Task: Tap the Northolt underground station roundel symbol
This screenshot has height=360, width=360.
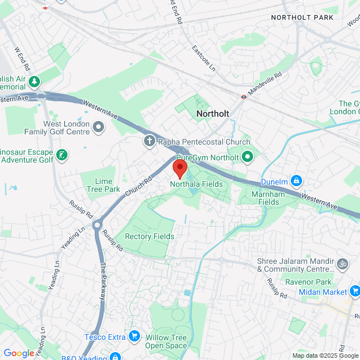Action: [244, 96]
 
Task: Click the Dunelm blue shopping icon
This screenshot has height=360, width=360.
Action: [296, 181]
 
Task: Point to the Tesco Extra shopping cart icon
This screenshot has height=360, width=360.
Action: [134, 336]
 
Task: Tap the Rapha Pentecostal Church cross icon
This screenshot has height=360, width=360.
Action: [150, 141]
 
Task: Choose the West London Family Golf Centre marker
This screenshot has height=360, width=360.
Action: [100, 127]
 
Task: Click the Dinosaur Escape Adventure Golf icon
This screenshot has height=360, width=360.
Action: [62, 155]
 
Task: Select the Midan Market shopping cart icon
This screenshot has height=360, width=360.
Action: [354, 291]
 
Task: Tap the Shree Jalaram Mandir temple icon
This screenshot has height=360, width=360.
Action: [341, 263]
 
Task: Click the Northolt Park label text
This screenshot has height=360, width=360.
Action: [302, 17]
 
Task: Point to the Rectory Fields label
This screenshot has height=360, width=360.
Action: [149, 236]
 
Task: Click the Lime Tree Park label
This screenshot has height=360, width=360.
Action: [100, 185]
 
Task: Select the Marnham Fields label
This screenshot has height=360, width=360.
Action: [264, 198]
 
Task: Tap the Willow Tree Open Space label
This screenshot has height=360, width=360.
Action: [166, 341]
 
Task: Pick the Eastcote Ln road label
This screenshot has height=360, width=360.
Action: [204, 58]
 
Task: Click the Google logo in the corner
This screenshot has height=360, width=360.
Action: [19, 353]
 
